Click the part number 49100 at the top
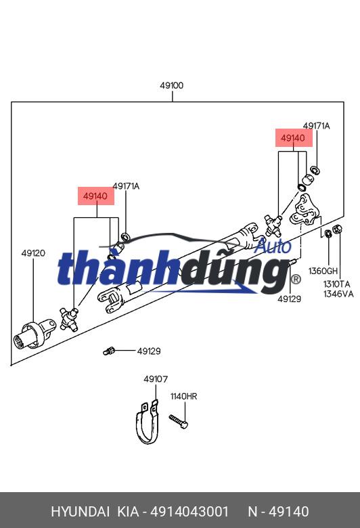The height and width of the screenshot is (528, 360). (171, 86)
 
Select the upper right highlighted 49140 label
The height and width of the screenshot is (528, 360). (293, 138)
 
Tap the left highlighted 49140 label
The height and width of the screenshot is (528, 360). (95, 196)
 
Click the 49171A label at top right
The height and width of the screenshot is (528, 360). (316, 126)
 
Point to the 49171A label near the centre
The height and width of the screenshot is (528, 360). (126, 186)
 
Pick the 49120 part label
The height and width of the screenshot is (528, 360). (33, 253)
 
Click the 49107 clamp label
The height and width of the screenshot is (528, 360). (155, 379)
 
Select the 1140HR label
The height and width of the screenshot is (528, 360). (183, 396)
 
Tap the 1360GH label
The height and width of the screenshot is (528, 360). (323, 271)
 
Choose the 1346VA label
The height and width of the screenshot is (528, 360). (338, 294)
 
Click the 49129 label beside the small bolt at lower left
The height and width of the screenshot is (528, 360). (148, 351)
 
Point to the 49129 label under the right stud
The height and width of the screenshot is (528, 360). (289, 299)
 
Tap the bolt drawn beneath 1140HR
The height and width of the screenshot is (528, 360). (178, 421)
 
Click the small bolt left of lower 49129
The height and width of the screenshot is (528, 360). (108, 351)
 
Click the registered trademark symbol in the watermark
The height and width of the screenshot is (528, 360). (295, 279)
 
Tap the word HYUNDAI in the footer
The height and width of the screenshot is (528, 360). (80, 512)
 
